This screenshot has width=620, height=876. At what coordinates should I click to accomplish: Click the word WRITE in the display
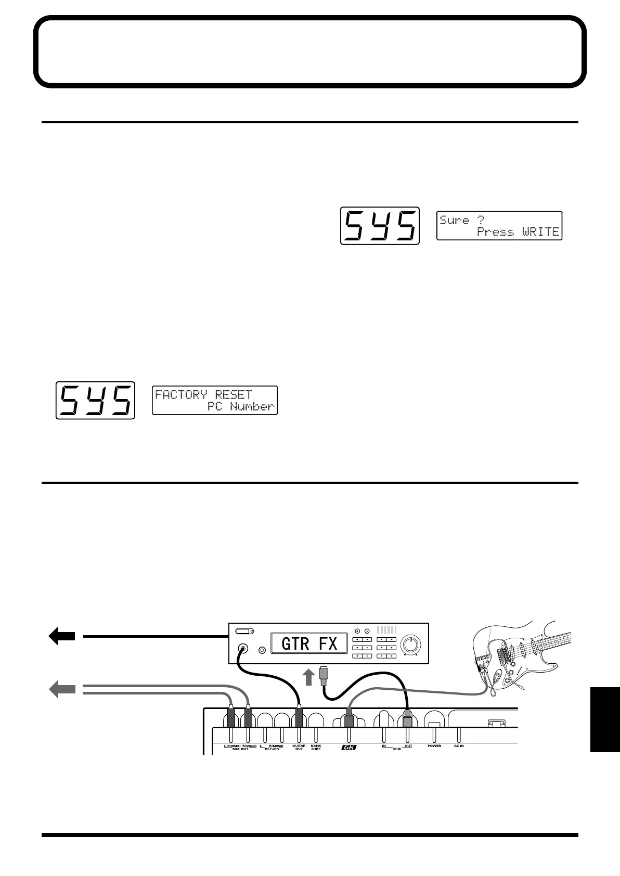click(x=540, y=232)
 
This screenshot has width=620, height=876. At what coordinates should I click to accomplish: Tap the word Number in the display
click(x=252, y=407)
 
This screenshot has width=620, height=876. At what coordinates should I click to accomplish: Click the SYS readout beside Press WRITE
click(x=380, y=226)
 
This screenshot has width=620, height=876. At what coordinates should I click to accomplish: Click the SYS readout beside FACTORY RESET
click(x=95, y=400)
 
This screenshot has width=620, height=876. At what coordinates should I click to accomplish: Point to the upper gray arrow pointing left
click(x=61, y=690)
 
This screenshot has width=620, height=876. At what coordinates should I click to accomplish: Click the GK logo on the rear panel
click(x=348, y=748)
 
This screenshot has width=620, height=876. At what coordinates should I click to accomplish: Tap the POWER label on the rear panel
click(x=434, y=746)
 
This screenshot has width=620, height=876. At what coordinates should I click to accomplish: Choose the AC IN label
click(x=459, y=746)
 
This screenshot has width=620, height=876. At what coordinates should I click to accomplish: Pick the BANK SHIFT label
click(x=316, y=748)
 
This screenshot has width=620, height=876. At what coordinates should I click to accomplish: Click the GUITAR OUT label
click(x=299, y=748)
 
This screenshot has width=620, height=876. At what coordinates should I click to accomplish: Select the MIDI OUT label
click(x=408, y=745)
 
